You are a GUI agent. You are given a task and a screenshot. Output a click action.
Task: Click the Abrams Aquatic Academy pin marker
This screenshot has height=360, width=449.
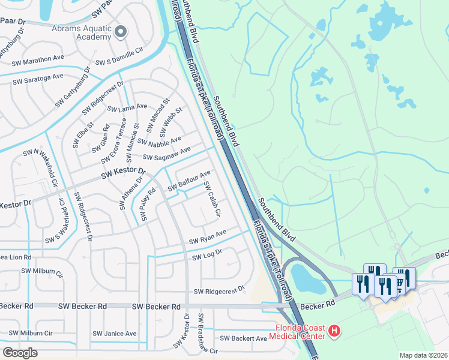(121, 32)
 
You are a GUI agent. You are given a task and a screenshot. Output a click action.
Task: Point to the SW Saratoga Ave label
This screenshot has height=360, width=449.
(38, 77)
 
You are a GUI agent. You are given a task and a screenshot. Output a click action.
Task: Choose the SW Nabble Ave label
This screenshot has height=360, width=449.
(159, 141)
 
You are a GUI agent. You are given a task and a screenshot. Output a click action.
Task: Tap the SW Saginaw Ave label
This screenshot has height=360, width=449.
(166, 153)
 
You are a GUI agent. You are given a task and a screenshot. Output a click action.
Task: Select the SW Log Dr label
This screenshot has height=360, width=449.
(207, 255)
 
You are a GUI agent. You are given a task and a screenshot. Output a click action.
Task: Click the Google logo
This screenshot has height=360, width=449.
(20, 352)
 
